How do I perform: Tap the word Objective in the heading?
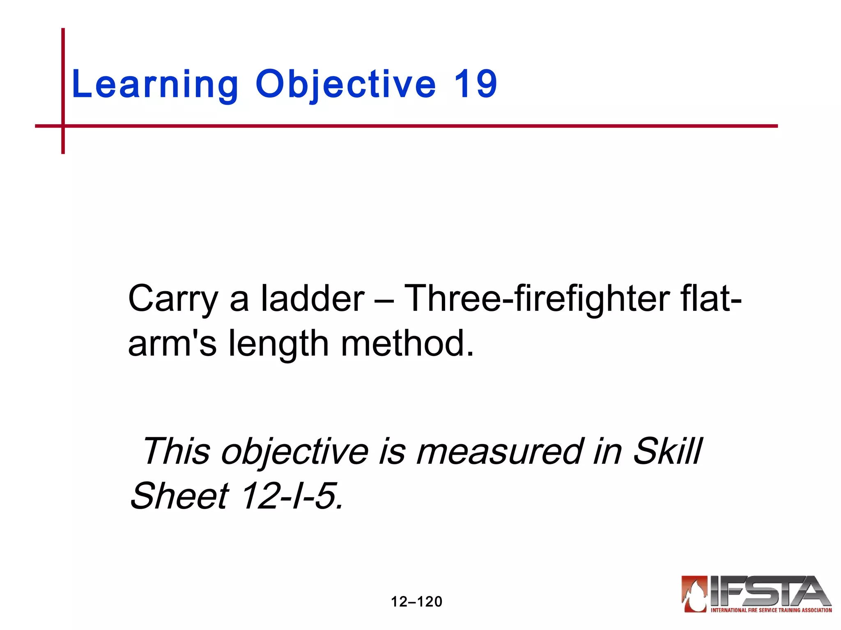click(345, 85)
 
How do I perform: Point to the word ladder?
click(313, 298)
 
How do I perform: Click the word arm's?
click(172, 343)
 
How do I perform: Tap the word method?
click(407, 343)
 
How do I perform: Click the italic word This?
click(176, 451)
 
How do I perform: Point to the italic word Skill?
click(667, 451)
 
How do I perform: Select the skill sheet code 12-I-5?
click(291, 496)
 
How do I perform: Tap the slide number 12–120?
click(416, 602)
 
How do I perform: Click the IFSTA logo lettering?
click(768, 591)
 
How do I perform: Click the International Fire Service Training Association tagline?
click(771, 610)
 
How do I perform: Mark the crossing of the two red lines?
click(63, 126)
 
